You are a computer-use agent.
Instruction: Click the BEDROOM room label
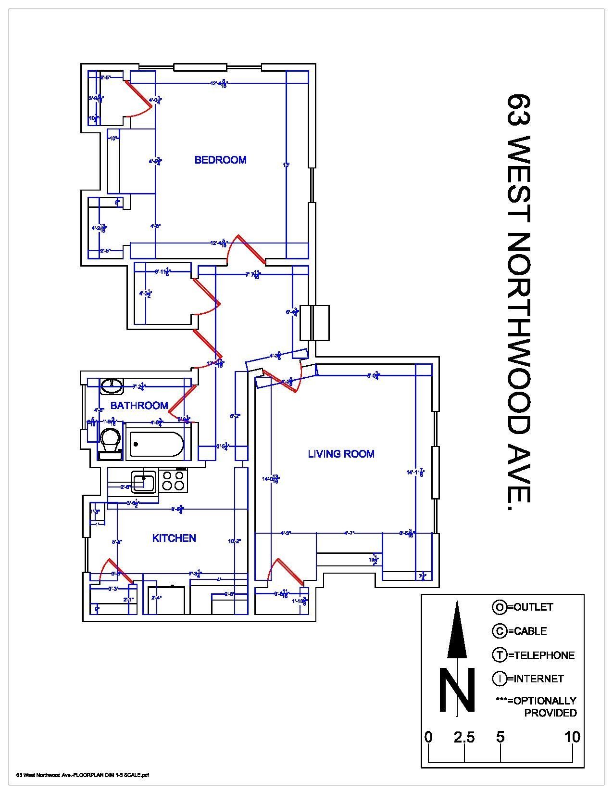pyautogui.click(x=220, y=160)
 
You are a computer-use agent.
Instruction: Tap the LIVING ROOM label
pyautogui.click(x=341, y=454)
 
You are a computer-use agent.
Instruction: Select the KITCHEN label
pyautogui.click(x=174, y=538)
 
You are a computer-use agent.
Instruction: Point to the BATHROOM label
pyautogui.click(x=139, y=406)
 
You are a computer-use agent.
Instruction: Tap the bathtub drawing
pyautogui.click(x=156, y=445)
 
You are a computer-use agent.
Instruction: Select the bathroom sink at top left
pyautogui.click(x=112, y=384)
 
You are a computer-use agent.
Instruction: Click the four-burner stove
pyautogui.click(x=173, y=480)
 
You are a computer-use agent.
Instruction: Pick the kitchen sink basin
pyautogui.click(x=144, y=482)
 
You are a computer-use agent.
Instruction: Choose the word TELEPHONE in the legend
pyautogui.click(x=544, y=655)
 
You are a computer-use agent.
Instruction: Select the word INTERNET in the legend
pyautogui.click(x=538, y=679)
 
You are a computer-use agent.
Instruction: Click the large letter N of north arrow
pyautogui.click(x=456, y=690)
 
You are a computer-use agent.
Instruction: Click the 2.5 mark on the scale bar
pyautogui.click(x=464, y=737)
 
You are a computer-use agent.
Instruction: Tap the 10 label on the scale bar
pyautogui.click(x=572, y=737)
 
